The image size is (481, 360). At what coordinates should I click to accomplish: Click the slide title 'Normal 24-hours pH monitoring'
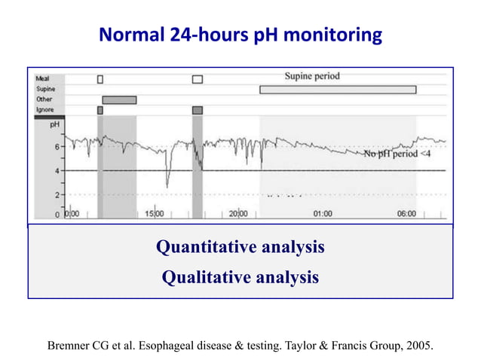(240, 35)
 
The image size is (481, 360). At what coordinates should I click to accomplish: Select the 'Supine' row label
(46, 89)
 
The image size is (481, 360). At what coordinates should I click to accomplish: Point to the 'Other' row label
(44, 99)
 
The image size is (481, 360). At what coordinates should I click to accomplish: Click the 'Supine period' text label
(311, 76)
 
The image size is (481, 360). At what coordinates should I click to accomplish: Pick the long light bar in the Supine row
(338, 90)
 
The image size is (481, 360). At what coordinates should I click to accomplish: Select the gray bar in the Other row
(119, 100)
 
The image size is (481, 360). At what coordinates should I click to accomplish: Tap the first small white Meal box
(100, 78)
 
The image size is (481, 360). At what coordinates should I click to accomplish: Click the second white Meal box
(198, 78)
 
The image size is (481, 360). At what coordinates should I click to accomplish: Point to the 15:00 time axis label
(154, 214)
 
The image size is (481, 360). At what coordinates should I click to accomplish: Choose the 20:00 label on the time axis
(238, 214)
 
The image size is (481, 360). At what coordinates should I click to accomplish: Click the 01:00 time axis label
(322, 214)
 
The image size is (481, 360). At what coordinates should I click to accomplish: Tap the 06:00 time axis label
(406, 214)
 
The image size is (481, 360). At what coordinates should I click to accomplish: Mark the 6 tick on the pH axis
(59, 147)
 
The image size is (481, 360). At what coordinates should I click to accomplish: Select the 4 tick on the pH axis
(59, 170)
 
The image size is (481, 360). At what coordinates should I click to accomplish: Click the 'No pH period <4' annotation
(397, 154)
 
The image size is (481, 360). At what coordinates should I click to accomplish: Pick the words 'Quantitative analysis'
(240, 247)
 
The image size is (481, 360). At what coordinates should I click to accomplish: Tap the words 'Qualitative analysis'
(240, 278)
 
